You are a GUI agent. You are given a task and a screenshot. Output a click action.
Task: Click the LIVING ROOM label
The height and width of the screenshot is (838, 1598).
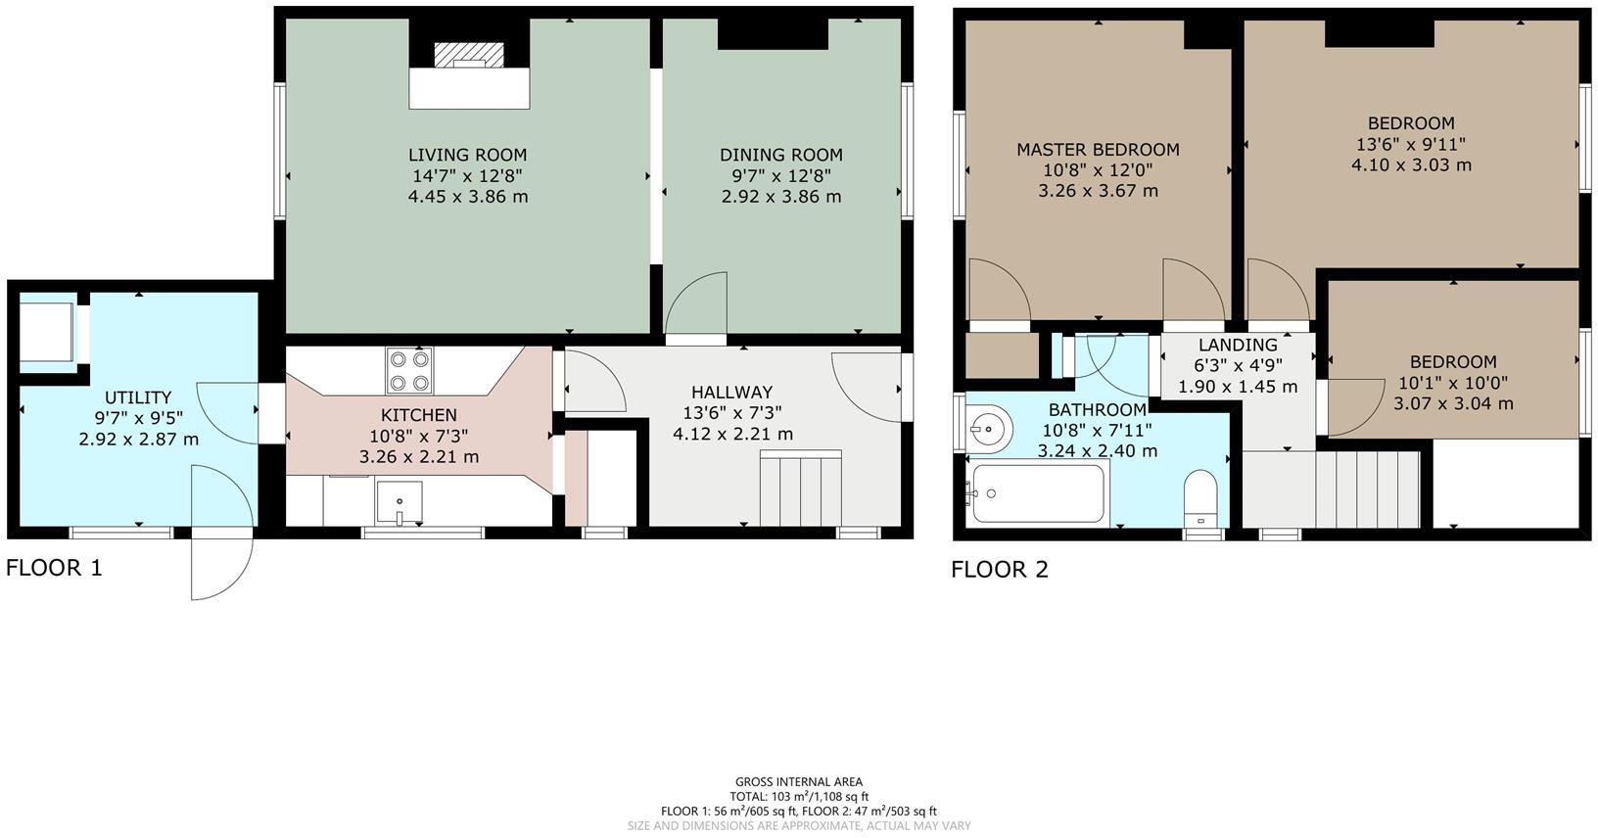467,155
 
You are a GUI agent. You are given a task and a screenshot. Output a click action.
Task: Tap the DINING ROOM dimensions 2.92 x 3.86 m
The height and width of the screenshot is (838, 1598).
780,197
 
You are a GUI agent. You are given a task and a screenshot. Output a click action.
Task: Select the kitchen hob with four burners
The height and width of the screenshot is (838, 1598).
409,371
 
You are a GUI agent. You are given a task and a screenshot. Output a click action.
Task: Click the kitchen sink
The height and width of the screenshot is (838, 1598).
399,502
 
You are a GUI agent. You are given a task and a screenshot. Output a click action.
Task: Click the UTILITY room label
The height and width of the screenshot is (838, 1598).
138,397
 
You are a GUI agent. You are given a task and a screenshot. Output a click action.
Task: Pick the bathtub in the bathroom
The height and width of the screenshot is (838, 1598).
1038,492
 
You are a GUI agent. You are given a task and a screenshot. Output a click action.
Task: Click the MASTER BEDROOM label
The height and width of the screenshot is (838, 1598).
1098,150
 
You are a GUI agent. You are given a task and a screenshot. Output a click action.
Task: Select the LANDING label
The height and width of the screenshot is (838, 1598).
1238,345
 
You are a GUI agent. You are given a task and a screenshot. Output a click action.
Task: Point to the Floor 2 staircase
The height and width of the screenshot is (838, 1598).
1367,489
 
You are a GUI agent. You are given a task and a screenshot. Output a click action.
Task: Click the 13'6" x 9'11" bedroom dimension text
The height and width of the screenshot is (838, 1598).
1411,144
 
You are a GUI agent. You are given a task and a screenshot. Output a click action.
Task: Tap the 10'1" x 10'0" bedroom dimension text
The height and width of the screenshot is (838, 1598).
1453,383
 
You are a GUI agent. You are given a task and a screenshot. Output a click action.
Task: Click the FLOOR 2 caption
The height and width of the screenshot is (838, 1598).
999,570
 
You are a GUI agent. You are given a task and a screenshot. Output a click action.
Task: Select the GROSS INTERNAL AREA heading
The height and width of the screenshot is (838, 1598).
799,781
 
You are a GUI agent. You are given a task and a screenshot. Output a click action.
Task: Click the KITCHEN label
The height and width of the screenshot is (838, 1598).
418,415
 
